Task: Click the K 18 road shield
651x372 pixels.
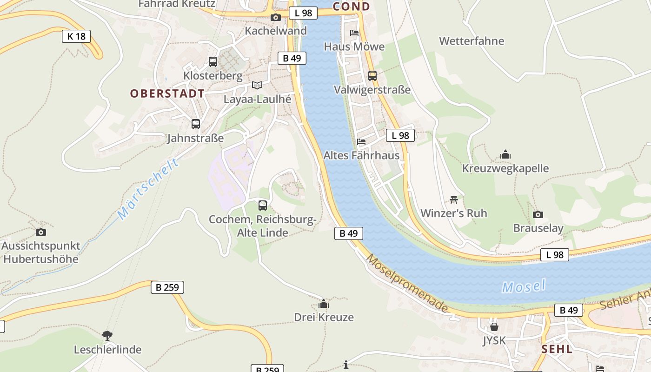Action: (x=76, y=36)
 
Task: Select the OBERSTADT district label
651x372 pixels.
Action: (x=167, y=93)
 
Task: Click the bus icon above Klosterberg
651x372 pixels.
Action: (x=213, y=61)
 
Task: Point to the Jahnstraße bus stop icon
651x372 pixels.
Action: (x=196, y=124)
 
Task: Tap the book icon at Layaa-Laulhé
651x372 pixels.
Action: (x=257, y=85)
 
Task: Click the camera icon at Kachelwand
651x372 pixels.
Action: (x=276, y=18)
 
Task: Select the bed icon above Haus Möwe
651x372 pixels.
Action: (x=354, y=33)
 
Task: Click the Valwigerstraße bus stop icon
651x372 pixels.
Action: (x=372, y=75)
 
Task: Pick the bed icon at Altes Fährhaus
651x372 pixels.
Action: (x=361, y=142)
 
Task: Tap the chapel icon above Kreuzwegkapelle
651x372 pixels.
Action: (x=505, y=154)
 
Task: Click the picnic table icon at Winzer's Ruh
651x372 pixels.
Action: (x=454, y=199)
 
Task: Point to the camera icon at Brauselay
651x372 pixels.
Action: (x=538, y=214)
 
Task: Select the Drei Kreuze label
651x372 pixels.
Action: (x=324, y=317)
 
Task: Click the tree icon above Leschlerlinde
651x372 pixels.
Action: (x=107, y=335)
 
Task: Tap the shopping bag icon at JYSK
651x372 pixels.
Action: (x=494, y=326)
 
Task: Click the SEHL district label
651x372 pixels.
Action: (x=557, y=349)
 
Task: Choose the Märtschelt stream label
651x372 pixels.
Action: (x=148, y=189)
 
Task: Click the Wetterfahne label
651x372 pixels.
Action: (x=472, y=41)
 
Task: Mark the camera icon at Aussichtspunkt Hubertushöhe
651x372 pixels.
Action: (x=41, y=232)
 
